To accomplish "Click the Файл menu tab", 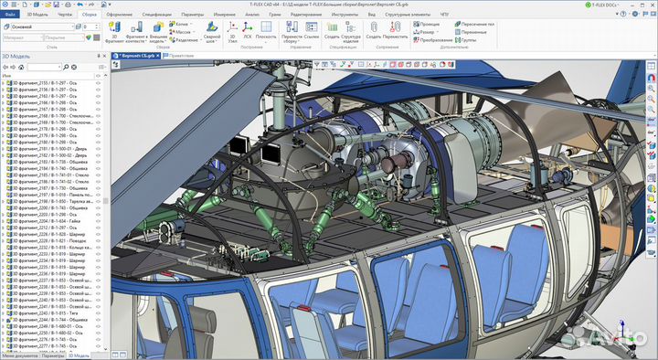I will (10, 16).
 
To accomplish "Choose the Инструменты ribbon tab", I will (345, 16).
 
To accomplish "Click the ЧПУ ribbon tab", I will (445, 16).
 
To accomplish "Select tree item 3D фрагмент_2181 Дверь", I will (50, 148).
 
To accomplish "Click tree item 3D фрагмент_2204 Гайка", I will (50, 220).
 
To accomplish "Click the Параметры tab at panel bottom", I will (53, 355).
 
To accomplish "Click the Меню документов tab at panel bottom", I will (20, 355).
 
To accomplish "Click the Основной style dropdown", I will (41, 27).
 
